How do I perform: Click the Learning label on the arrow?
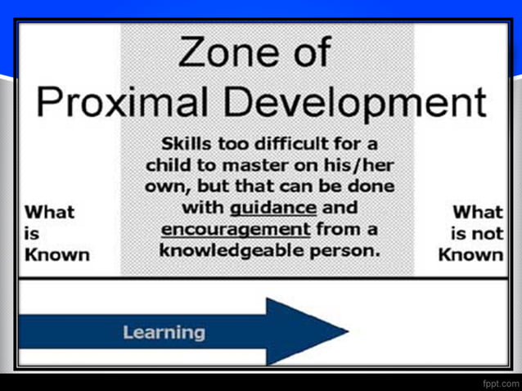pyautogui.click(x=164, y=332)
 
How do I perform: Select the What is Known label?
pyautogui.click(x=55, y=233)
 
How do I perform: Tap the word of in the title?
pyautogui.click(x=304, y=54)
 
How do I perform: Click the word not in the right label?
pyautogui.click(x=487, y=233)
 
